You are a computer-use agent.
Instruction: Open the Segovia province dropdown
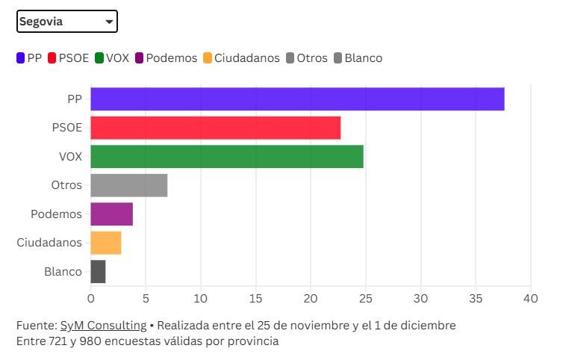pyautogui.click(x=67, y=22)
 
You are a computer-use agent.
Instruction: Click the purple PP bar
pyautogui.click(x=297, y=99)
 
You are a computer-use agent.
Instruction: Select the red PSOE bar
pyautogui.click(x=215, y=128)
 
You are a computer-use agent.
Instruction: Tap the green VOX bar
pyautogui.click(x=227, y=157)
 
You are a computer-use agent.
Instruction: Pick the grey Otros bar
pyautogui.click(x=128, y=185)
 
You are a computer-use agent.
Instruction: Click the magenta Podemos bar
pyautogui.click(x=111, y=214)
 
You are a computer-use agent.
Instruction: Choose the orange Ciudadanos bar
pyautogui.click(x=105, y=243)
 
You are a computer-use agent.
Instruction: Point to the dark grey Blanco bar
pyautogui.click(x=98, y=271)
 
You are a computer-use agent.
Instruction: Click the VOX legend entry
pyautogui.click(x=113, y=58)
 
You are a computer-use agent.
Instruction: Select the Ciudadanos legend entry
pyautogui.click(x=240, y=58)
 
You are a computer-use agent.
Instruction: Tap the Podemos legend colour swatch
pyautogui.click(x=140, y=58)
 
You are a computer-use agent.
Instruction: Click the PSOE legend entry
pyautogui.click(x=68, y=58)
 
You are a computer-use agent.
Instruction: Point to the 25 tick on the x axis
pyautogui.click(x=366, y=299)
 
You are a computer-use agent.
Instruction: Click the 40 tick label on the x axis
pyautogui.click(x=530, y=299)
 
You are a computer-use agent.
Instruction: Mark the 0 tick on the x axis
pyautogui.click(x=91, y=299)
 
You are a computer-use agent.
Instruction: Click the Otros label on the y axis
pyautogui.click(x=66, y=185)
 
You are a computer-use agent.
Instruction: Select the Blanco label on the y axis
pyautogui.click(x=63, y=271)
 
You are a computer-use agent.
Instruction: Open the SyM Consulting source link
pyautogui.click(x=103, y=326)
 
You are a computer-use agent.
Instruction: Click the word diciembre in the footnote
pyautogui.click(x=429, y=326)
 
